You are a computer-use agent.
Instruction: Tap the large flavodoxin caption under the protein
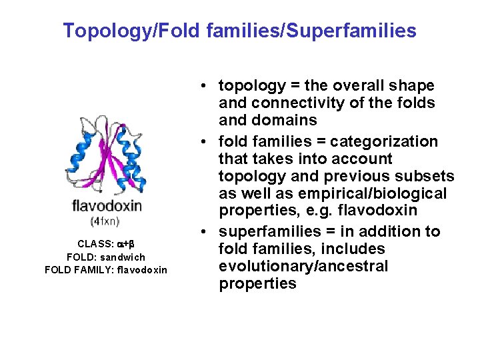pos(107,205)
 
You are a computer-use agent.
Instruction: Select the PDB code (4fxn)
pos(105,220)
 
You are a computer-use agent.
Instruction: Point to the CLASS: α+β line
pos(106,244)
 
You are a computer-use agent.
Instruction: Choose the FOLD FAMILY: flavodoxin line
pos(106,269)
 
